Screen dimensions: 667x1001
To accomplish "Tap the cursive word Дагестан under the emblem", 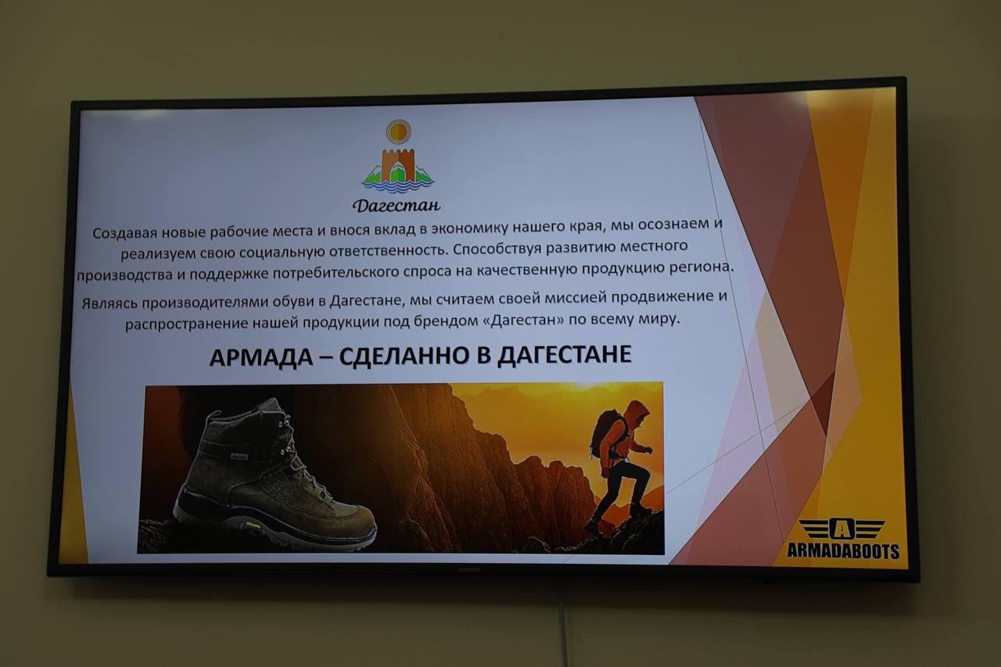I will point(396,206).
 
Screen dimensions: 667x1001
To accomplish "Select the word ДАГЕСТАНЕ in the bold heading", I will point(565,354).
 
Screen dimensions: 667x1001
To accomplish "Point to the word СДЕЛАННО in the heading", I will point(402,356).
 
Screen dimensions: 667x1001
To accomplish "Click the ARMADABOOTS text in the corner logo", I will point(842,550).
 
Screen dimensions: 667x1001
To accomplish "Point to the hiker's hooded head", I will point(637,411).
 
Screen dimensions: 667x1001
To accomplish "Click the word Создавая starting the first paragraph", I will point(124,233).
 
